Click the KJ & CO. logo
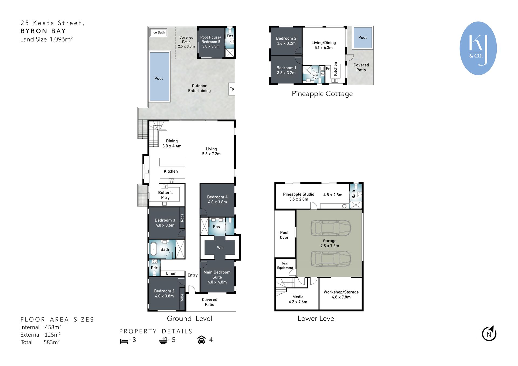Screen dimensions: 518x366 [478, 48]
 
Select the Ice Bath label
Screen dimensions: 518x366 [158, 32]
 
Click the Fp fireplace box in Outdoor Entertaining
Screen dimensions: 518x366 [231, 89]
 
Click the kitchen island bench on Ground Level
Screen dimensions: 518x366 [172, 162]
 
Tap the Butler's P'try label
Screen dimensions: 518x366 [165, 195]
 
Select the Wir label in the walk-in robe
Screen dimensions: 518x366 [220, 247]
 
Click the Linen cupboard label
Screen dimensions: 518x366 [171, 273]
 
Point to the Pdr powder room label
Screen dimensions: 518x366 [154, 268]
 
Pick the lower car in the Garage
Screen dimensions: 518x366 [330, 259]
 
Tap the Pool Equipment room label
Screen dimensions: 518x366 [285, 266]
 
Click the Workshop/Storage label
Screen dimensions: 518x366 [341, 294]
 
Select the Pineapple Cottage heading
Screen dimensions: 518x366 [322, 94]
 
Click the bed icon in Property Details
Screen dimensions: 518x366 [124, 341]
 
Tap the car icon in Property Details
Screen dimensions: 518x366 [202, 340]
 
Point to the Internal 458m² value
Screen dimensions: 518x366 [53, 327]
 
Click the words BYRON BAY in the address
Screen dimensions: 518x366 [43, 31]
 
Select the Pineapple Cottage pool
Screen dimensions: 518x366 [362, 37]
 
